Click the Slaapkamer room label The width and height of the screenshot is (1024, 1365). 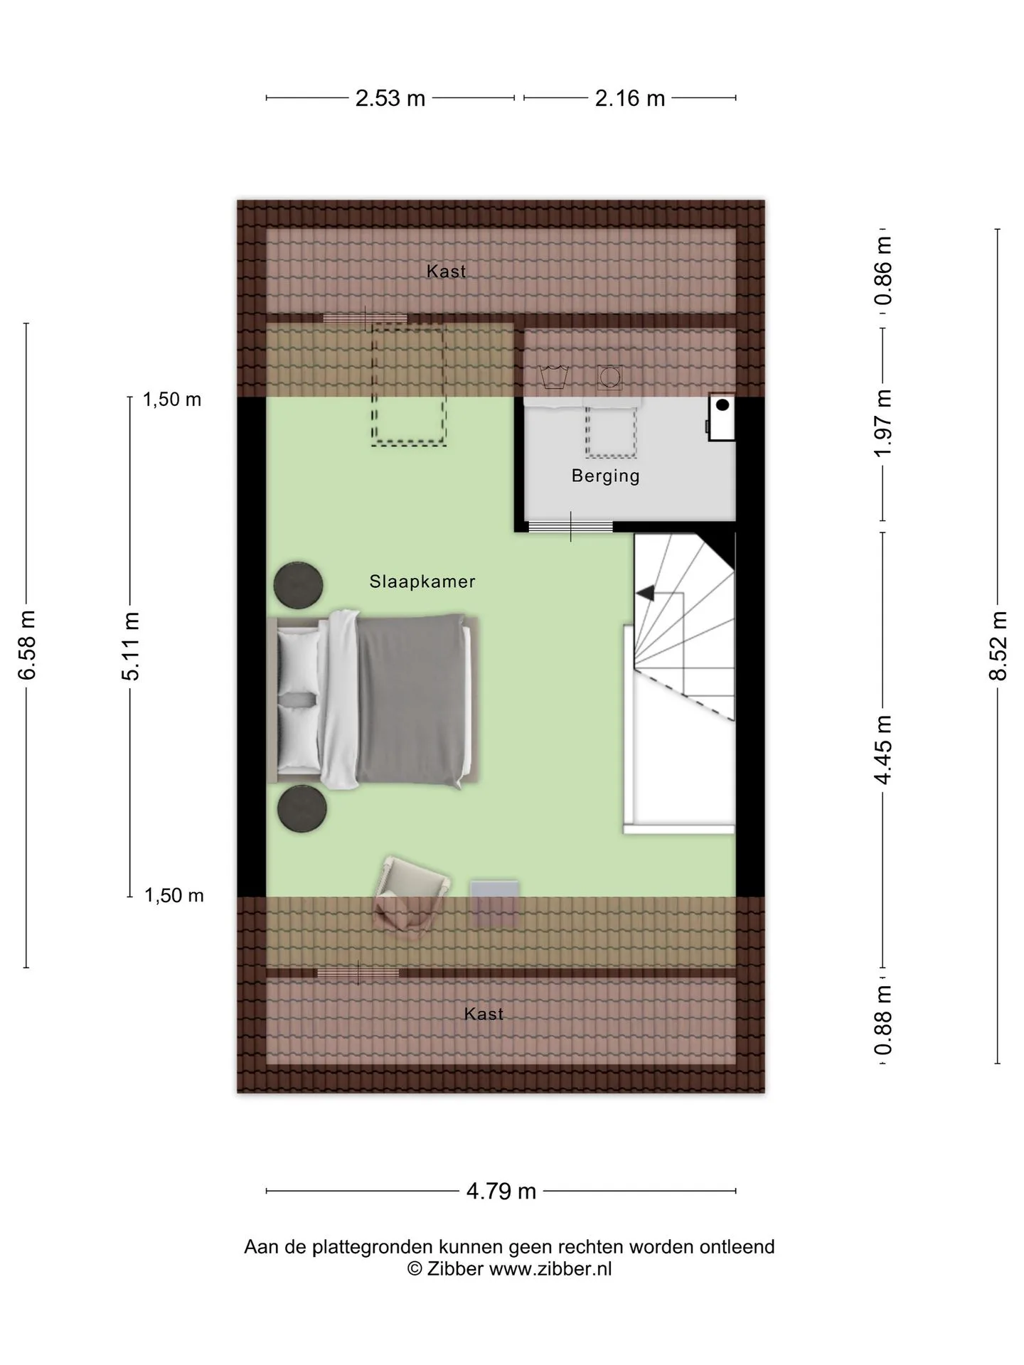point(422,582)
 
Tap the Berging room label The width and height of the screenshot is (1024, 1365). point(606,476)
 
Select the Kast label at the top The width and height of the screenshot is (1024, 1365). point(447,271)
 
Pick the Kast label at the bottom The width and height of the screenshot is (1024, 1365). point(484,1014)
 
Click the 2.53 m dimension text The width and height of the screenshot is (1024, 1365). point(390,98)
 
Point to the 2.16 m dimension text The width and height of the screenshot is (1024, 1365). point(630,98)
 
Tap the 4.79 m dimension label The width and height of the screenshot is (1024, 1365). point(501,1191)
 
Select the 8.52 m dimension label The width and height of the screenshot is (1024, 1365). point(998,646)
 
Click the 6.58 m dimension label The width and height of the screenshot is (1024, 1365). point(27,645)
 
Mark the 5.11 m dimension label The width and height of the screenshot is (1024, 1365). point(131,645)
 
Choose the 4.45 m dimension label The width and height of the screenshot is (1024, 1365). point(883,750)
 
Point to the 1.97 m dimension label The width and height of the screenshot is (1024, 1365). point(883,424)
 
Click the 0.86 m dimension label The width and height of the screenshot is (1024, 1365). point(883,270)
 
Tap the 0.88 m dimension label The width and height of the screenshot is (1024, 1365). point(883,1020)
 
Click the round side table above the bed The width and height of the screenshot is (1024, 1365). point(299,586)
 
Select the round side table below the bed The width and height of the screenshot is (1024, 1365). point(302,808)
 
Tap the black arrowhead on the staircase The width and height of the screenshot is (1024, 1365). point(645,592)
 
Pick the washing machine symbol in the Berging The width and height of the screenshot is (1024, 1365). point(609,377)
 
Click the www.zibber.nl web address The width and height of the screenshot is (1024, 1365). point(550,1269)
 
